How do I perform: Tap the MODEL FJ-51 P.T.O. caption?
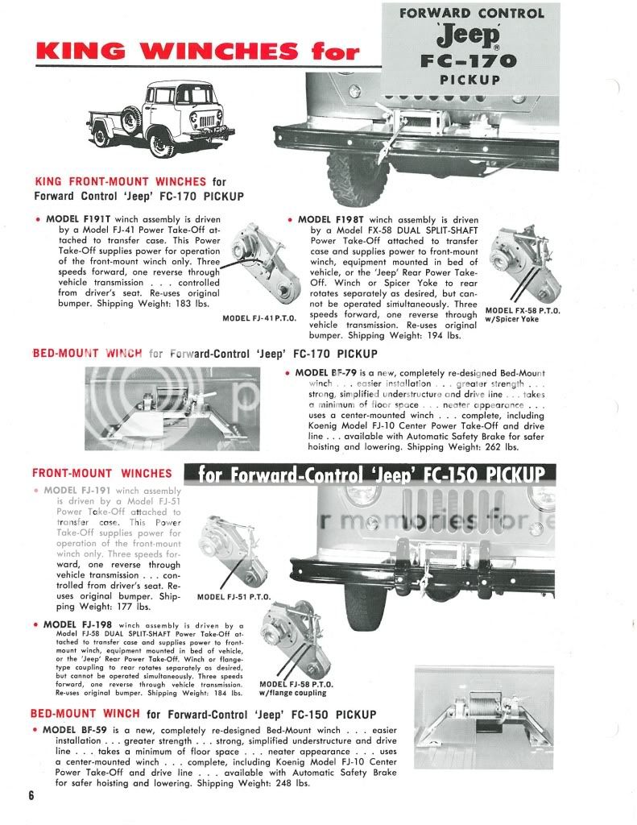click(234, 597)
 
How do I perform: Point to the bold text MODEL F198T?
click(332, 219)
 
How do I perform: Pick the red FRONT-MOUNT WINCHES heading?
click(101, 474)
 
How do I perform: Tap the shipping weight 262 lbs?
click(501, 446)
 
